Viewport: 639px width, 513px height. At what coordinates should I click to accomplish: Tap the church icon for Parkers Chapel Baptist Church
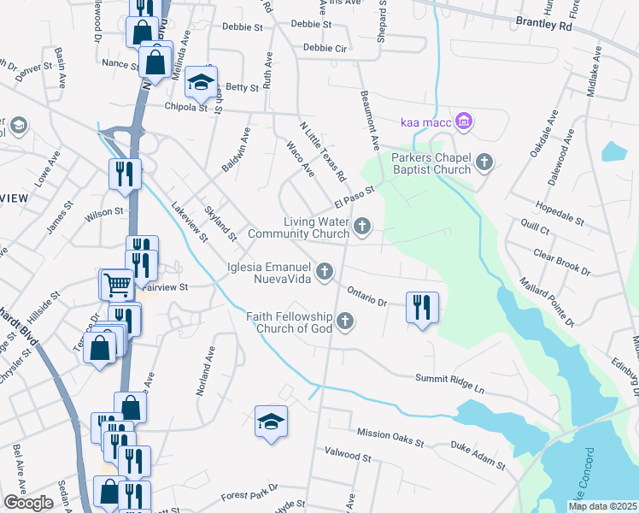484,162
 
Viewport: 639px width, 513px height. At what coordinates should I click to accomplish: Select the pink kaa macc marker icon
464,122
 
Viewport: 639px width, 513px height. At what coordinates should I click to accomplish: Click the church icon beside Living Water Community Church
363,227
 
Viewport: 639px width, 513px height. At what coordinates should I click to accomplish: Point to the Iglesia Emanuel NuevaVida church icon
324,272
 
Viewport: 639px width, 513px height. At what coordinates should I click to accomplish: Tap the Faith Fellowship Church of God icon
345,321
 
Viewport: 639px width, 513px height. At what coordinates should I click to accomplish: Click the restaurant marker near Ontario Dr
421,305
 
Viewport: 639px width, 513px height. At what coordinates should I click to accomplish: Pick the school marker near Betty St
201,81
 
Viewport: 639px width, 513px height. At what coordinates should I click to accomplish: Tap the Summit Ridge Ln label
449,382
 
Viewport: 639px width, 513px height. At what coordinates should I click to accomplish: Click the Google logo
28,503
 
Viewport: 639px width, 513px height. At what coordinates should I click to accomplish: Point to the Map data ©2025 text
602,506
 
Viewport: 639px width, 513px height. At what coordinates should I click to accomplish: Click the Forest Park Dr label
243,495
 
